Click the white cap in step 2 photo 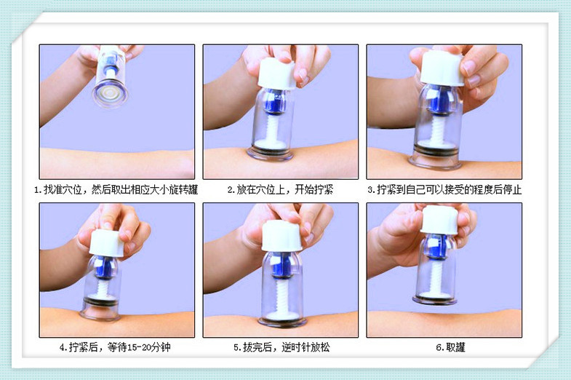tap(276, 74)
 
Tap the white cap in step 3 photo tap(442, 68)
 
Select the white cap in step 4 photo tap(107, 242)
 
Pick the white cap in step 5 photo tap(281, 236)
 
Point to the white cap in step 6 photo tap(439, 220)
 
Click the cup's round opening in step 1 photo tap(110, 95)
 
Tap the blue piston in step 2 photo tap(276, 102)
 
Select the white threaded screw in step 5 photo tap(281, 296)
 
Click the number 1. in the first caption tap(38, 190)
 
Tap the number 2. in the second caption tap(231, 190)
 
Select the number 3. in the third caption tap(372, 190)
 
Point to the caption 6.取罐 tap(450, 347)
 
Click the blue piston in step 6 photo tap(438, 247)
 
